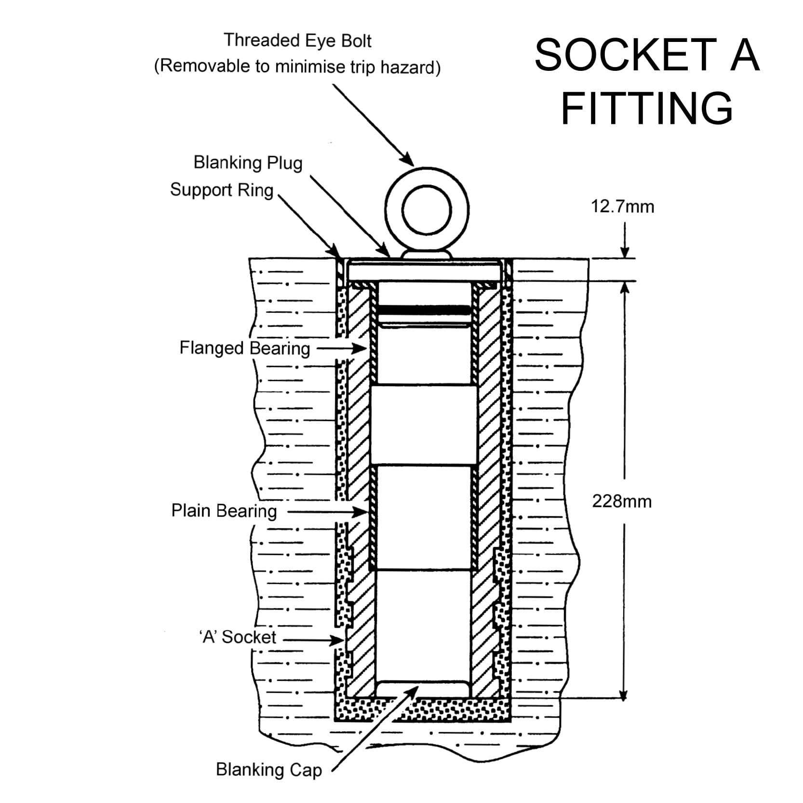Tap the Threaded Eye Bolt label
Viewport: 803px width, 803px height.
coord(297,40)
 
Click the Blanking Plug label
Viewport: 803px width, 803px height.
coord(248,163)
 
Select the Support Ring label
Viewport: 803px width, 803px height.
coord(222,190)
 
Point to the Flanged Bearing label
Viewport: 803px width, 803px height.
coord(244,348)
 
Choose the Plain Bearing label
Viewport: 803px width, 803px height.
coord(224,511)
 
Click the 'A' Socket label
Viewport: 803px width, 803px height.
coord(238,637)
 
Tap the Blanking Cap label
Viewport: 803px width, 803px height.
coord(268,770)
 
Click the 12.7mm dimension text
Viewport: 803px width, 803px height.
coord(623,207)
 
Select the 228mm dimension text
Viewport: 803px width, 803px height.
coord(622,502)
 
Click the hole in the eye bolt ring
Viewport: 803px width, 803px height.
coord(426,211)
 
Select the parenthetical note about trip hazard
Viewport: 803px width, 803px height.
coord(297,67)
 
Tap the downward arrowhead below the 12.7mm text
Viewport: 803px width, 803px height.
coord(625,253)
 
